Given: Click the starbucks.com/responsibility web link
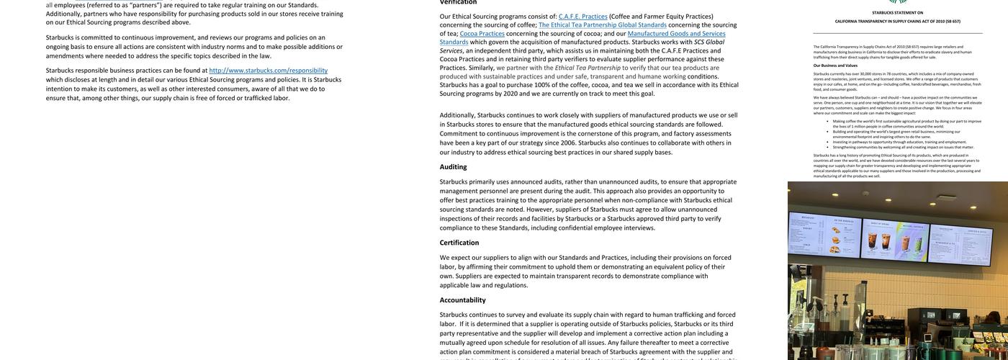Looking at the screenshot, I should pyautogui.click(x=268, y=71).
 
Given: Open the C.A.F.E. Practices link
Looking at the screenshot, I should pyautogui.click(x=583, y=17).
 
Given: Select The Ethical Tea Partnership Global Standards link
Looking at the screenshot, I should pyautogui.click(x=603, y=25).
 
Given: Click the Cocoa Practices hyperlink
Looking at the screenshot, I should pyautogui.click(x=482, y=34).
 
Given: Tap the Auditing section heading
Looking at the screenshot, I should pyautogui.click(x=453, y=167).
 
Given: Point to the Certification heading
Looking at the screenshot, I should pyautogui.click(x=459, y=243).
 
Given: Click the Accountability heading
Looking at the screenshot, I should pyautogui.click(x=462, y=300).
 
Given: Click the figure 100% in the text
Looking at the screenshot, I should pyautogui.click(x=542, y=85).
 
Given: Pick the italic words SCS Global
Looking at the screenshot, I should pyautogui.click(x=709, y=42).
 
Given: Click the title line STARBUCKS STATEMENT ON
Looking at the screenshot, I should pyautogui.click(x=897, y=13).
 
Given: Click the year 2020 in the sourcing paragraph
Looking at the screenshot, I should pyautogui.click(x=510, y=94).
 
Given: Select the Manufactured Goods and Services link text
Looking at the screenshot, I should pyautogui.click(x=676, y=34).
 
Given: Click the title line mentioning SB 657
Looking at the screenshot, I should pyautogui.click(x=897, y=22).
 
